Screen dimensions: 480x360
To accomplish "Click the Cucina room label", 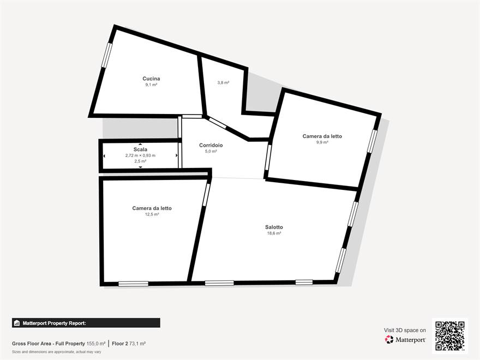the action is click(x=151, y=79).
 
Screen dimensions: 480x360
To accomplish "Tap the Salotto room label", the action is click(x=274, y=227).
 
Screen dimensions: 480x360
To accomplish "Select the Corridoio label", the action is click(x=211, y=145).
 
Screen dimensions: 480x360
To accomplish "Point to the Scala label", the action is click(x=140, y=149).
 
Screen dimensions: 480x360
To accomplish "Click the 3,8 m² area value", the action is click(x=223, y=83).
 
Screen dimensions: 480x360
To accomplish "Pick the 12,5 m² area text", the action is click(x=152, y=214).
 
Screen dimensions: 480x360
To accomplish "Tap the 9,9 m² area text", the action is click(x=322, y=142).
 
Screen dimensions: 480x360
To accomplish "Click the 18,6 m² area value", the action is click(x=274, y=233).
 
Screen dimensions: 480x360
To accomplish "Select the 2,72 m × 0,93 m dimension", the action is click(x=140, y=155).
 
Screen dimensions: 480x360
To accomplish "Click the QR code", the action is click(x=450, y=336).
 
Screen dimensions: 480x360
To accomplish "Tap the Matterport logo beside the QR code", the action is click(x=405, y=339).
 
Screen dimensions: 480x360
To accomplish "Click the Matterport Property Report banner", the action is click(x=86, y=323).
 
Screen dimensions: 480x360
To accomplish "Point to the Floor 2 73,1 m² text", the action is click(x=129, y=344).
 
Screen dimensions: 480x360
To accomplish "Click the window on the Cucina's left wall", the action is click(x=107, y=55).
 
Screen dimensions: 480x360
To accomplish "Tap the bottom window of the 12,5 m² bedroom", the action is click(x=133, y=284).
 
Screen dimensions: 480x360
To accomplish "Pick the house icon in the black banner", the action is click(x=17, y=323).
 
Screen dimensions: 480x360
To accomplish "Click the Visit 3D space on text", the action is click(x=405, y=331).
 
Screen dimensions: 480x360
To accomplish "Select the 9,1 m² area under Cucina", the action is click(x=151, y=85).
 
